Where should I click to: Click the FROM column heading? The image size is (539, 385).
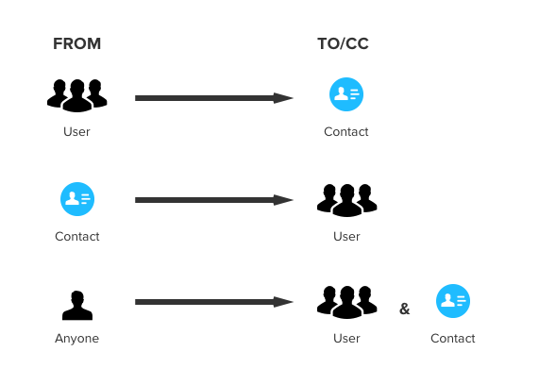coord(77,43)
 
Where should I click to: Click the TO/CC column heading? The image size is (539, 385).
coord(343,43)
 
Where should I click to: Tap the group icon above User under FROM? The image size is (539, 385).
coord(77,95)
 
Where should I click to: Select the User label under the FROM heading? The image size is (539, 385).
coord(76,132)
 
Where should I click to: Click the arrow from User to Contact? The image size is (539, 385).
coord(214,98)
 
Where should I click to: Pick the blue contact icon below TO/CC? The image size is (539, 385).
coord(346,94)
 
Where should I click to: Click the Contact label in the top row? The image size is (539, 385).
coord(346,132)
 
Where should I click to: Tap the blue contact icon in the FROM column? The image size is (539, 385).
coord(77,199)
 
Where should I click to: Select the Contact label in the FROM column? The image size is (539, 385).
coord(77,237)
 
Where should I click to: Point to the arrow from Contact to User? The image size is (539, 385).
coord(214,200)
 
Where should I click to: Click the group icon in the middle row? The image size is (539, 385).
coord(346,200)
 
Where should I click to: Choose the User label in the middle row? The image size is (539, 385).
coord(346,237)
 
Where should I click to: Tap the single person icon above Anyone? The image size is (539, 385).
coord(77,305)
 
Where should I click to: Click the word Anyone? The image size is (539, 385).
coord(77,339)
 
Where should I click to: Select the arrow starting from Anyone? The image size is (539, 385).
coord(214,302)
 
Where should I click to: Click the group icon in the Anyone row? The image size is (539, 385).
coord(346,302)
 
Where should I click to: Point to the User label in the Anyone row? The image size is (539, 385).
coord(346,338)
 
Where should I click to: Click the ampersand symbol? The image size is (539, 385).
coord(405,309)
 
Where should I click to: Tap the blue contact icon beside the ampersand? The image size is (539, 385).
coord(453,301)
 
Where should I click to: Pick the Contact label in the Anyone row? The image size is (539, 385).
coord(453,338)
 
